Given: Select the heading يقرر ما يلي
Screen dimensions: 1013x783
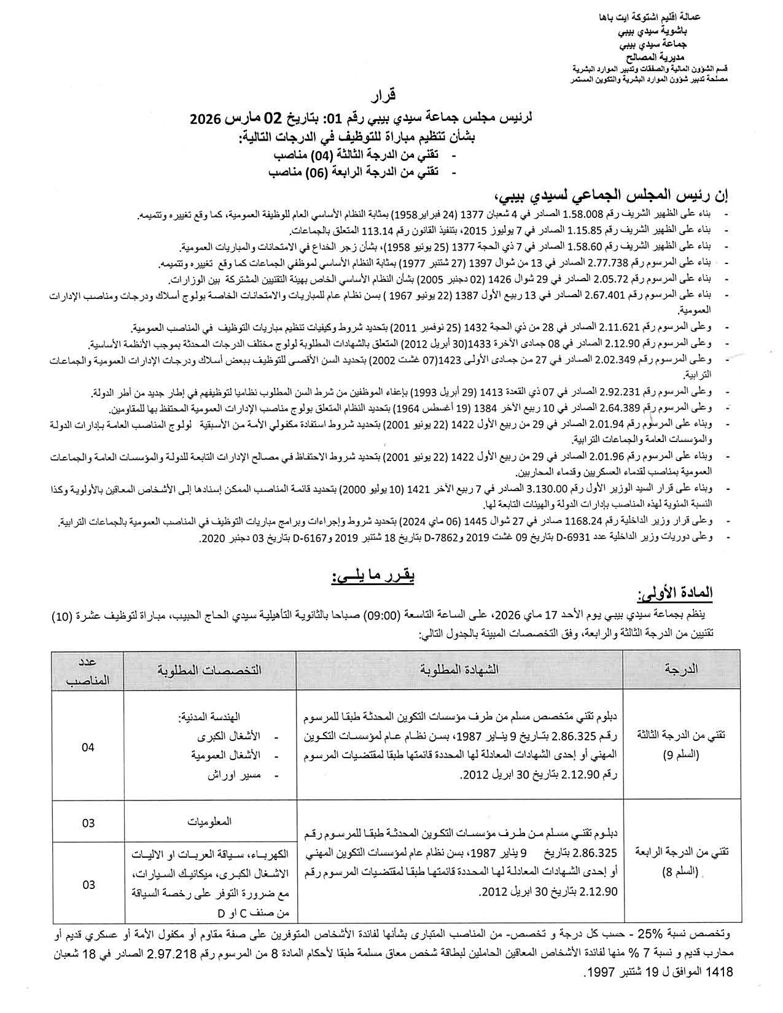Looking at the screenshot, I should (x=373, y=577).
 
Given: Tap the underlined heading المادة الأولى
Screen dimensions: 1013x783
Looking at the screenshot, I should (x=684, y=594).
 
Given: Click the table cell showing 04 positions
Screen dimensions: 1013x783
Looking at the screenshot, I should (x=88, y=747).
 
